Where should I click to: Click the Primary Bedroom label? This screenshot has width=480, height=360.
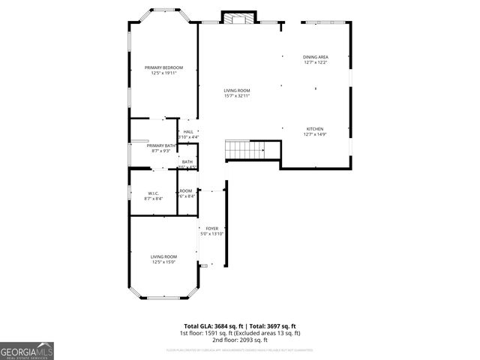coord(163,67)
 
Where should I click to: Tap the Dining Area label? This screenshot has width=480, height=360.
coord(316,57)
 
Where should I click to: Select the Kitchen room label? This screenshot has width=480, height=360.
coord(316,129)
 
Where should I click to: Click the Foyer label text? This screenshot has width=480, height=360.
coord(212,228)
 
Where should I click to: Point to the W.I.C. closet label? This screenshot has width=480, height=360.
coord(152,193)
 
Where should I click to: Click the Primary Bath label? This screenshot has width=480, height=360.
coord(161,145)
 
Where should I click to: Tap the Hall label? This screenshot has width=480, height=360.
coord(188,132)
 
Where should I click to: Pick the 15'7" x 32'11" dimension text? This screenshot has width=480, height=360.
coord(236,96)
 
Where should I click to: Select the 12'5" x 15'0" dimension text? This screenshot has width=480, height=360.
coord(163,262)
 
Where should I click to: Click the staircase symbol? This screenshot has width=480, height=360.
coord(246,149)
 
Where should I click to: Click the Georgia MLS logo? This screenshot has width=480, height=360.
coord(27,350)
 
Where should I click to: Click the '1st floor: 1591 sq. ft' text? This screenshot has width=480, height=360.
coord(209,333)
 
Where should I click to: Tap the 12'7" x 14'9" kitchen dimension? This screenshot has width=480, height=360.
coord(316,135)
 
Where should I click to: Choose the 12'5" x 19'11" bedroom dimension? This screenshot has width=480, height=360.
coord(163,73)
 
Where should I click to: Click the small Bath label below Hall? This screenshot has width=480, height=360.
coord(187,161)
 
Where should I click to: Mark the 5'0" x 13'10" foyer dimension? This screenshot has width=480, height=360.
coord(212,234)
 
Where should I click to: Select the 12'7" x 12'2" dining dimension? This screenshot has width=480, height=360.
coord(316,63)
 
